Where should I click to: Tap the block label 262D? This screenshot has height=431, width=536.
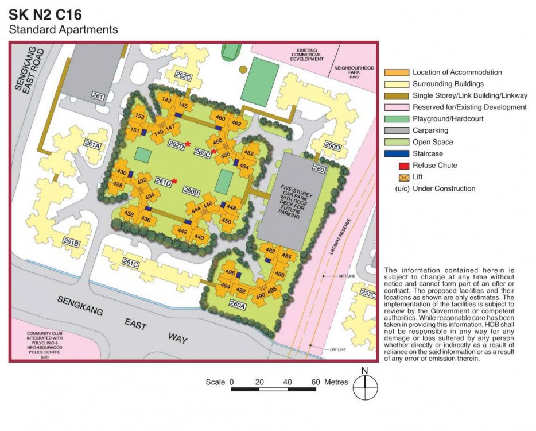[x=176, y=145]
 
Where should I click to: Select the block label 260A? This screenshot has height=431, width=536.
[x=237, y=306]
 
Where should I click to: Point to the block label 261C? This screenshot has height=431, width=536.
[x=130, y=264]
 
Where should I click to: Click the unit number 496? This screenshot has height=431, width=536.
[x=231, y=272]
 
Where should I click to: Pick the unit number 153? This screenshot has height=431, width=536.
[x=139, y=117]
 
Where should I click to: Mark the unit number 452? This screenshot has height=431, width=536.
[x=248, y=153]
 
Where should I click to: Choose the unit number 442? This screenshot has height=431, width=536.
[x=182, y=231]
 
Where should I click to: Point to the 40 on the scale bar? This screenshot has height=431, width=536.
[x=288, y=382]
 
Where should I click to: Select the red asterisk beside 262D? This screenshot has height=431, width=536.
[x=188, y=144]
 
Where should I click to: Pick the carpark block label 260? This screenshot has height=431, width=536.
[x=319, y=169]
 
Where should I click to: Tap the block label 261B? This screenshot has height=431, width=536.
[x=71, y=243]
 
